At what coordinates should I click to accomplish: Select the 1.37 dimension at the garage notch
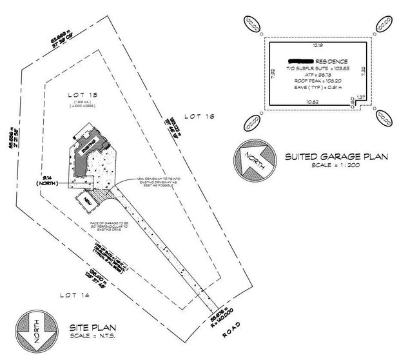[x=362, y=97]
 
